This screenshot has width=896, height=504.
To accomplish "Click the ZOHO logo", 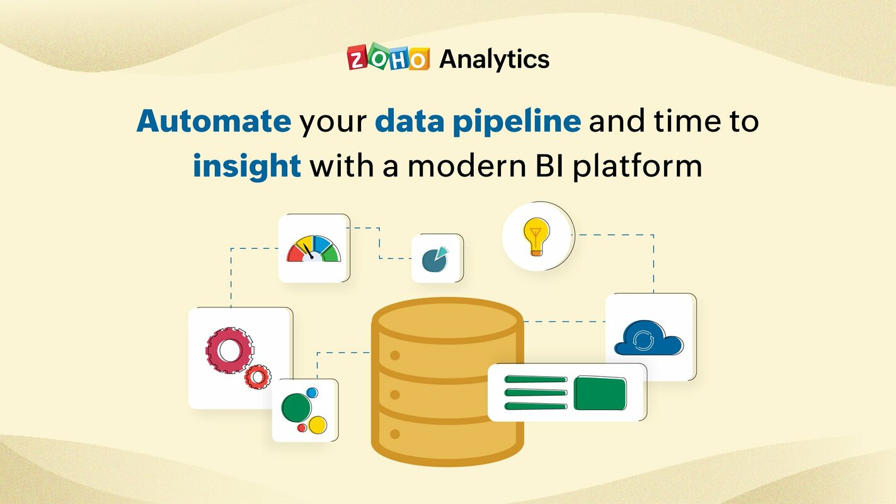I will click(388, 59).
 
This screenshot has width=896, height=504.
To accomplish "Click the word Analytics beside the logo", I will click(494, 59).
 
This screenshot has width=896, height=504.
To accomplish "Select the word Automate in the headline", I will click(214, 122).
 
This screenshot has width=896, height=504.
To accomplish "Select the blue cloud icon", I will click(648, 339).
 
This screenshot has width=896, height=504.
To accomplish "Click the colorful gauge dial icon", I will click(314, 249).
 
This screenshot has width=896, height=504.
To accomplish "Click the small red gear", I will click(257, 377).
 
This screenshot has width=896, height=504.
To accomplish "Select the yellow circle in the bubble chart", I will click(318, 425).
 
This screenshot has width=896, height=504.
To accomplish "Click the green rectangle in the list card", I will click(600, 394).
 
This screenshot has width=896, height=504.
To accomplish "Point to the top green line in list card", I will click(536, 380).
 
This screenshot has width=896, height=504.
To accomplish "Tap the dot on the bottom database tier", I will click(395, 434).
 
